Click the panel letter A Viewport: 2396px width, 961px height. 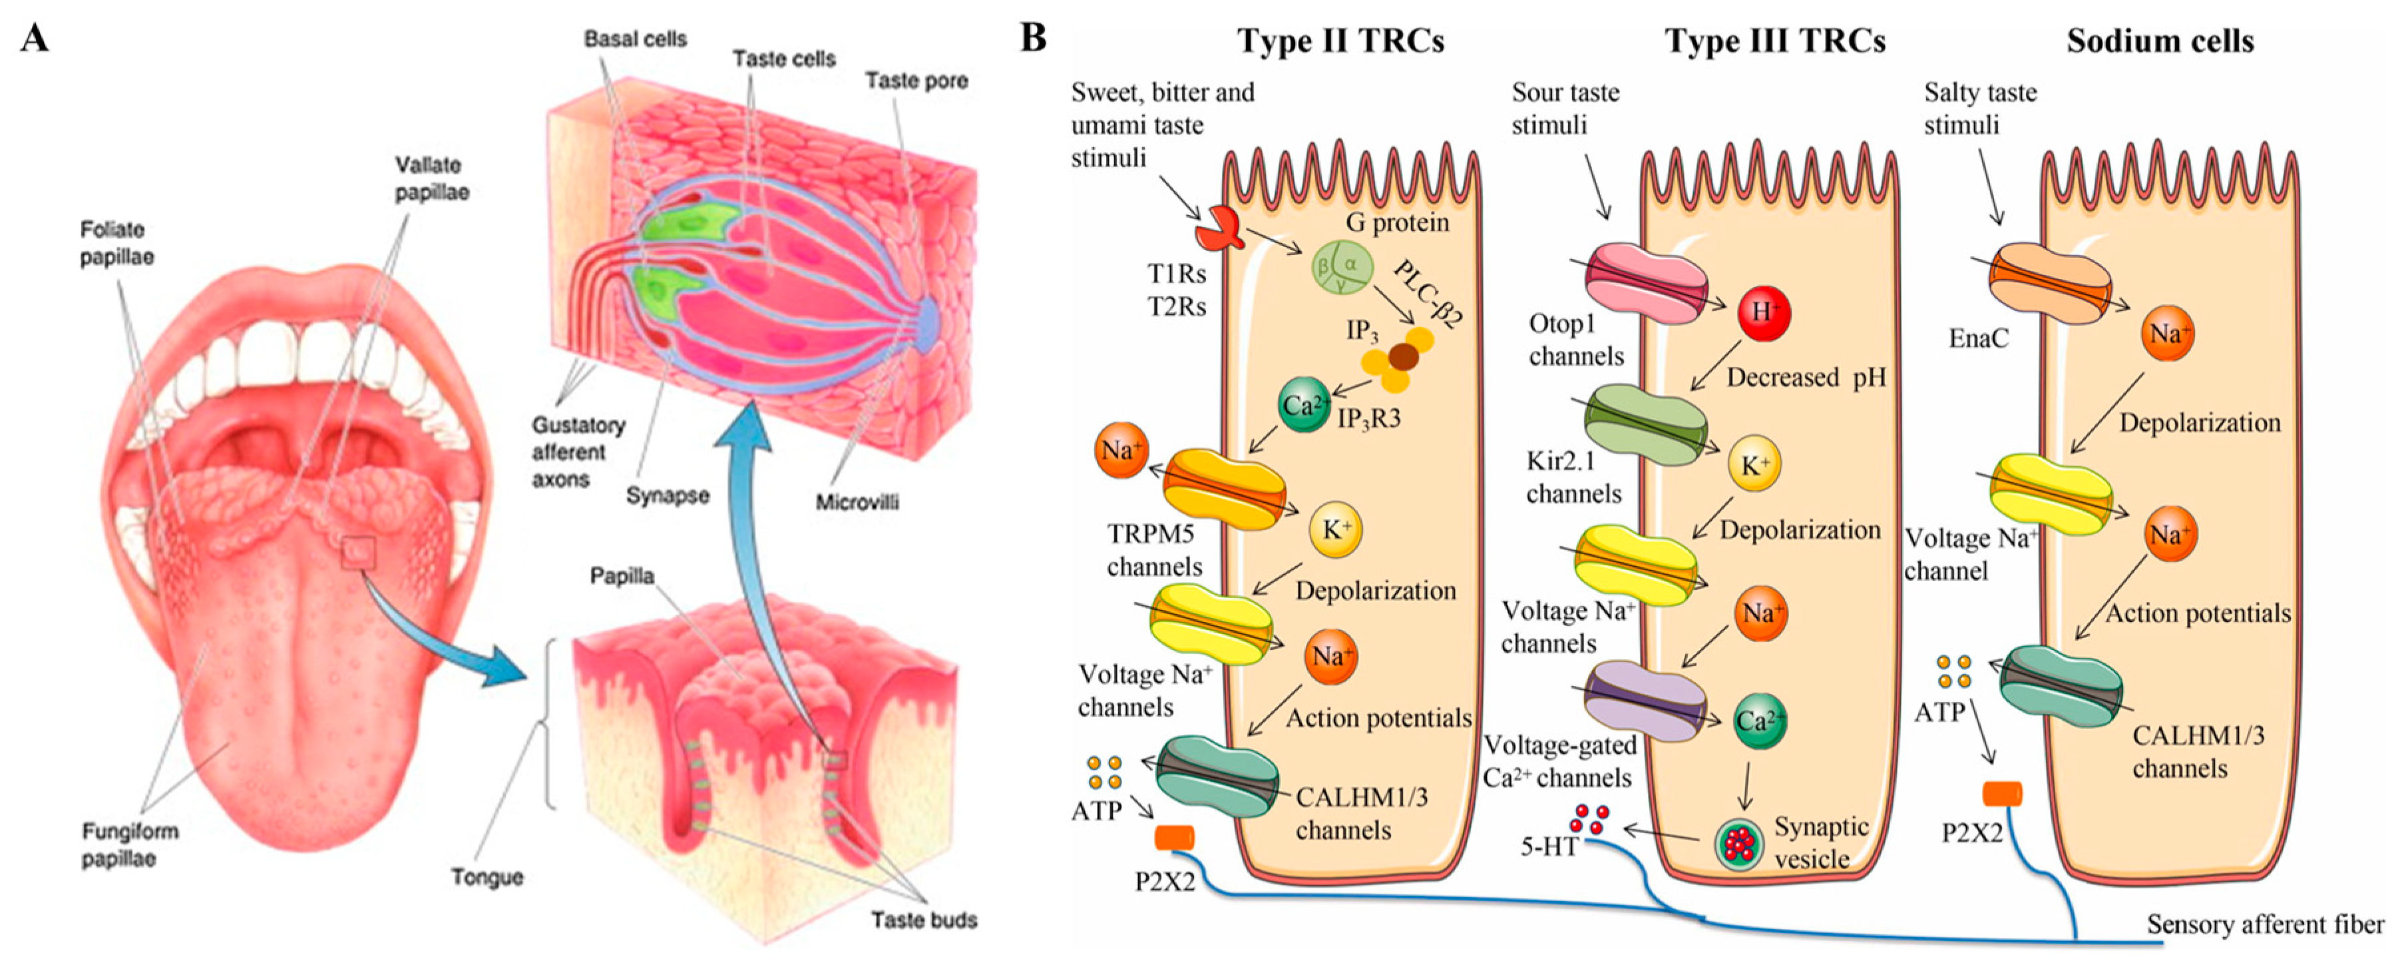point(35,39)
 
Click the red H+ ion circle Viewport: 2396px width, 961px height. point(1764,312)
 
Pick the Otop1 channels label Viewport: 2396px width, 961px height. point(1575,340)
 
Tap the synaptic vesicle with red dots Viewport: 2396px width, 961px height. point(1738,844)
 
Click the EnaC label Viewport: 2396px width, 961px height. point(1979,338)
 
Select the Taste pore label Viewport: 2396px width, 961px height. point(916,82)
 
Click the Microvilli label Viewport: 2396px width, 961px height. point(857,502)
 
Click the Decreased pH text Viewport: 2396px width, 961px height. point(1806,378)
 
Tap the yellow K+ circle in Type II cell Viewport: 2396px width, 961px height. point(1336,530)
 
